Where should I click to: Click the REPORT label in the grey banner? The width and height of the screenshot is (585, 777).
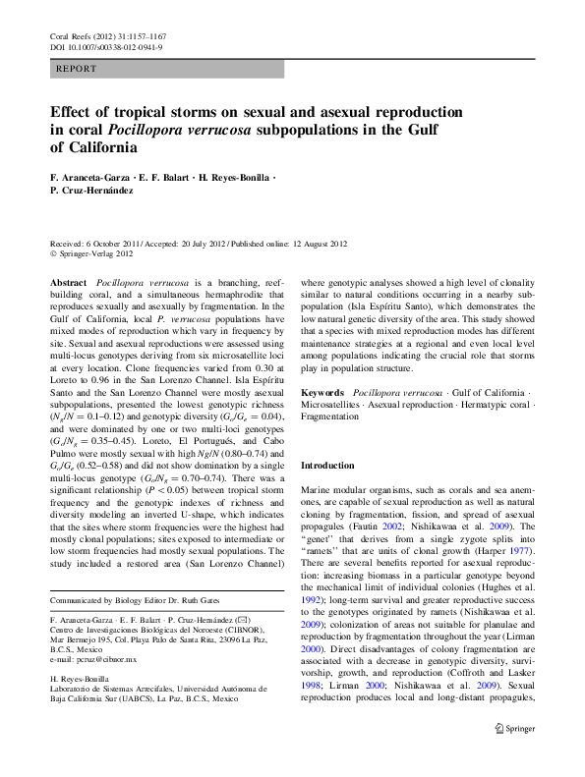[x=77, y=70]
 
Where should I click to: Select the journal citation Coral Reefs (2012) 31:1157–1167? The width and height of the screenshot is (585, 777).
[x=107, y=35]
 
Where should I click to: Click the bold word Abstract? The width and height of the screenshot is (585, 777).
[x=66, y=282]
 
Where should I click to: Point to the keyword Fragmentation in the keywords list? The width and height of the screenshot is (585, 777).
[x=331, y=416]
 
